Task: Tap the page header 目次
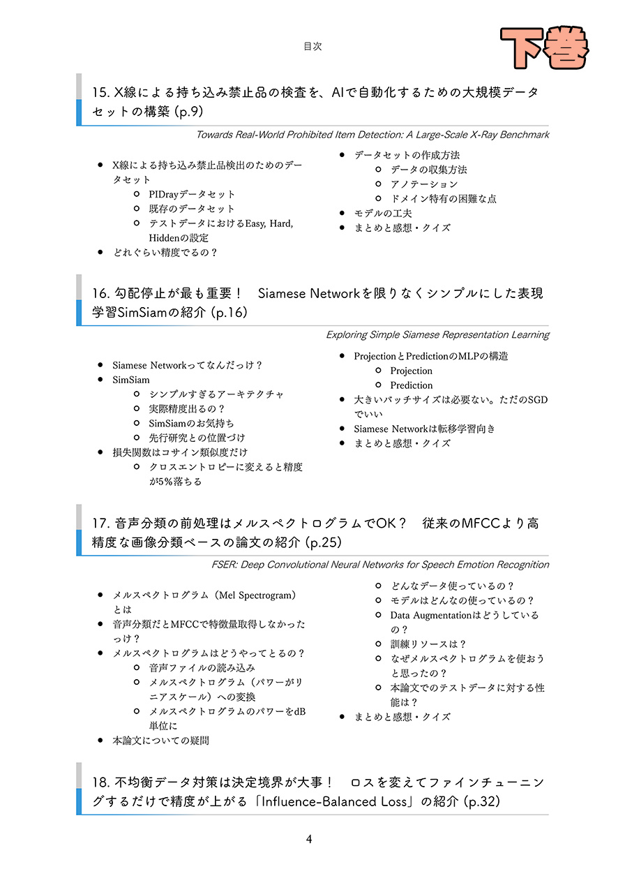312,46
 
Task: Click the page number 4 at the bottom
309,839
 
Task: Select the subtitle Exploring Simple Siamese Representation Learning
437,334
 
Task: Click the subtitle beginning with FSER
380,564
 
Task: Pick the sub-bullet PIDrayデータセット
192,194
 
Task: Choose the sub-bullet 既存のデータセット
192,209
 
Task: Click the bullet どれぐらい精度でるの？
165,253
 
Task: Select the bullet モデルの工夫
383,213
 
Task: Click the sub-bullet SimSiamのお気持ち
192,423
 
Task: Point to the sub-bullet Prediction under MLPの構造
412,385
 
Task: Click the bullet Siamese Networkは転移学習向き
424,429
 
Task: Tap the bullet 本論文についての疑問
160,741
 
